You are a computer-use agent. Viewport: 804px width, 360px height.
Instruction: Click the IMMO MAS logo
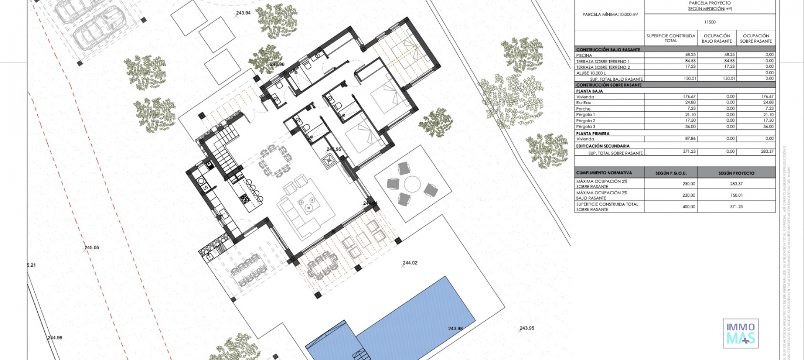pyautogui.click(x=740, y=333)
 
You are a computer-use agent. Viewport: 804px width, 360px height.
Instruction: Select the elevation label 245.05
pyautogui.click(x=92, y=247)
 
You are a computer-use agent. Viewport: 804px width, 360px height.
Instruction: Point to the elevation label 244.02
pyautogui.click(x=410, y=263)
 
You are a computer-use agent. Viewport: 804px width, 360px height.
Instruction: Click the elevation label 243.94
pyautogui.click(x=243, y=13)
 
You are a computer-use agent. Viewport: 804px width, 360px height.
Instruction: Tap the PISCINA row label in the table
pyautogui.click(x=584, y=55)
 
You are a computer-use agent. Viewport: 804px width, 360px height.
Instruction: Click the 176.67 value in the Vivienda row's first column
pyautogui.click(x=689, y=97)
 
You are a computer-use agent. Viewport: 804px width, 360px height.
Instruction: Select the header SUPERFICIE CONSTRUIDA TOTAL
pyautogui.click(x=671, y=38)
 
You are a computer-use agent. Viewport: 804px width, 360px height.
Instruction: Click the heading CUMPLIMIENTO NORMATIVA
pyautogui.click(x=604, y=172)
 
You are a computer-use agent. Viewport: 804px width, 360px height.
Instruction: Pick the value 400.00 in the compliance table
pyautogui.click(x=688, y=206)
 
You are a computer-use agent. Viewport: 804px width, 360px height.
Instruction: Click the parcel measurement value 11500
pyautogui.click(x=710, y=22)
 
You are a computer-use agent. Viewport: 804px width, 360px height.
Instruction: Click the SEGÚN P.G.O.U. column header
pyautogui.click(x=671, y=173)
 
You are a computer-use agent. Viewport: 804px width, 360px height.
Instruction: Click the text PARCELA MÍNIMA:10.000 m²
pyautogui.click(x=610, y=15)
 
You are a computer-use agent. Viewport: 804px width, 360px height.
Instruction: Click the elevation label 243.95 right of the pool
pyautogui.click(x=526, y=328)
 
